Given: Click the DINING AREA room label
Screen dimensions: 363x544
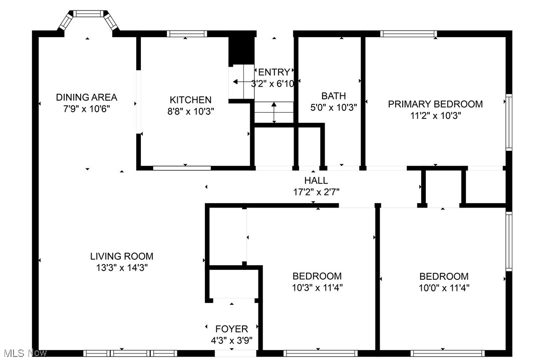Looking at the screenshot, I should point(86,97).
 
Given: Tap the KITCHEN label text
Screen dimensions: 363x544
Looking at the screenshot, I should point(190,100).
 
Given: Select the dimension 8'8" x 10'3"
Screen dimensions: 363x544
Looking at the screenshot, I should point(190,112).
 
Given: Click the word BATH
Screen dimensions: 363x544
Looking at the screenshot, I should point(334,96).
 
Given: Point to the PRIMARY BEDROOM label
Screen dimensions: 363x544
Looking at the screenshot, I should point(435,104).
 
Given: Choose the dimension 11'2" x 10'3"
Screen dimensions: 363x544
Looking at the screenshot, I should point(435,115).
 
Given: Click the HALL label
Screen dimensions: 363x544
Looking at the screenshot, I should point(316,180).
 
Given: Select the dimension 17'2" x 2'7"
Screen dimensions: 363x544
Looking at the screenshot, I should point(316,192).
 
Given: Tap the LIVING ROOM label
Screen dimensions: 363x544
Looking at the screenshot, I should point(122,256).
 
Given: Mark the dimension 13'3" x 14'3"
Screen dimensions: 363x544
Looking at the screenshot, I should point(122,268).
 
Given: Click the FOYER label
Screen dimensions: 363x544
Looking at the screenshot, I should point(231,329).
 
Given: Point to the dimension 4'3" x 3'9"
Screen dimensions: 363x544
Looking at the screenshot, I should point(231,340).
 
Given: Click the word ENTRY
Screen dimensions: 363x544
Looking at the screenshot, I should point(274,72).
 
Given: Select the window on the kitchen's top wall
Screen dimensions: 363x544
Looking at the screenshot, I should point(187,34).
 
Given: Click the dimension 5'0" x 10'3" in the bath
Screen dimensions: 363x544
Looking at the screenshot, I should point(334,107).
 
